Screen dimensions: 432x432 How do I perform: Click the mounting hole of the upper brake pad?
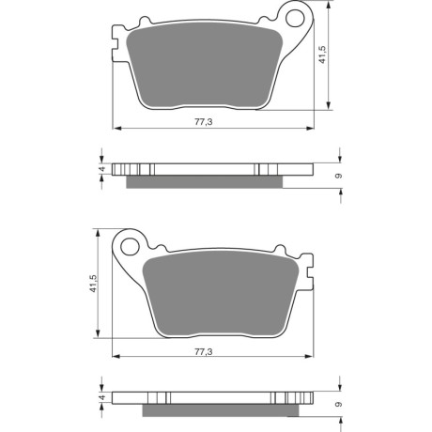pyautogui.click(x=296, y=18)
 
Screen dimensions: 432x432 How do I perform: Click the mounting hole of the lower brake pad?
pyautogui.click(x=130, y=247)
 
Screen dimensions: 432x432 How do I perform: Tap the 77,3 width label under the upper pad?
pyautogui.click(x=204, y=121)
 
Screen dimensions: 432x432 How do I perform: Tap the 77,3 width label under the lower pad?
pyautogui.click(x=204, y=352)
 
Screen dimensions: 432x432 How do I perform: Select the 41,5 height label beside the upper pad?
pyautogui.click(x=322, y=54)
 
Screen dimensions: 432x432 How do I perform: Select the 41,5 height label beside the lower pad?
pyautogui.click(x=93, y=284)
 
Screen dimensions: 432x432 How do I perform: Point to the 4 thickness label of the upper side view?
pyautogui.click(x=101, y=169)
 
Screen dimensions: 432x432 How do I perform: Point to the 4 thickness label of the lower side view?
pyautogui.click(x=101, y=398)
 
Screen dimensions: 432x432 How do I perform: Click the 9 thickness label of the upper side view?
pyautogui.click(x=338, y=176)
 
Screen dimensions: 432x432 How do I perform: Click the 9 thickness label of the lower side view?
pyautogui.click(x=338, y=405)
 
